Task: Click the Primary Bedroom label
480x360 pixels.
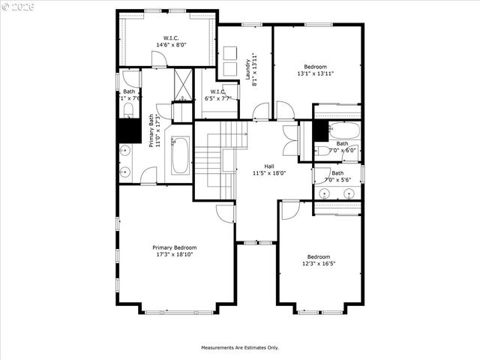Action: [x=174, y=247]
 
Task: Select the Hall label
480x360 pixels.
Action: [x=268, y=166]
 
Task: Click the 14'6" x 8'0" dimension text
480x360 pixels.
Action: [x=171, y=45]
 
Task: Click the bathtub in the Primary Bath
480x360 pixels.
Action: [x=181, y=154]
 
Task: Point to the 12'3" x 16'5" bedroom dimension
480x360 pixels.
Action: [x=318, y=263]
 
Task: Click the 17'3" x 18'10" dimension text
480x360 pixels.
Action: [x=174, y=255]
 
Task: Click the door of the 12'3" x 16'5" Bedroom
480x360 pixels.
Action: [x=289, y=209]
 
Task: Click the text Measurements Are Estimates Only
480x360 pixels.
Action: [x=239, y=347]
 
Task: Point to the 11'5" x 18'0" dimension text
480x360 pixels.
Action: [x=268, y=173]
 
